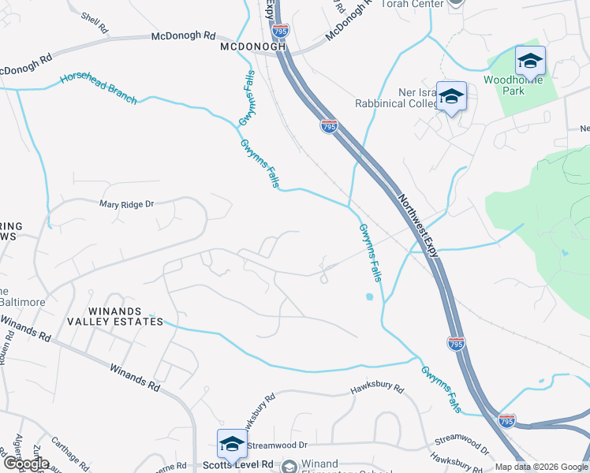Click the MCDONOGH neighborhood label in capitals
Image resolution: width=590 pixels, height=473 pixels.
[x=252, y=47]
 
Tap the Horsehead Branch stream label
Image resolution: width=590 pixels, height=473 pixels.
[x=99, y=90]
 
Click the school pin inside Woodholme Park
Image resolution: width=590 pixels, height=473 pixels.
[x=530, y=61]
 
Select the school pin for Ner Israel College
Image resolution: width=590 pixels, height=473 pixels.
[x=451, y=97]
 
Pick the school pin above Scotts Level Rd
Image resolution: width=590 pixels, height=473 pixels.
[x=232, y=444]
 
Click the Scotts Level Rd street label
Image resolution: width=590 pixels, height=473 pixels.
[x=248, y=465]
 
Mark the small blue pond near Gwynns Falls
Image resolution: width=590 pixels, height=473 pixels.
[x=369, y=298]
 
